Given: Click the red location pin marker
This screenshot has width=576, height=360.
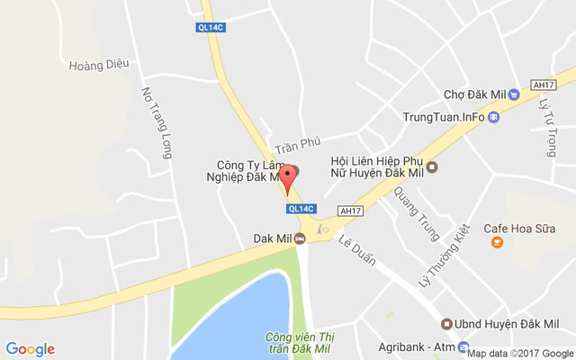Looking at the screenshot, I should (x=288, y=178).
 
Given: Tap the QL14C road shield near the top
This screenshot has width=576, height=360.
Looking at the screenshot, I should (x=210, y=27).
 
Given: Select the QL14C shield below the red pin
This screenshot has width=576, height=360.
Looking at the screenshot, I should (x=300, y=208).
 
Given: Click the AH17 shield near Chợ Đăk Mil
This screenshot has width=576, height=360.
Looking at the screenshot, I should (x=542, y=84).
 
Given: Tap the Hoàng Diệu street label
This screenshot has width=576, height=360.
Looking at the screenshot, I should (x=99, y=64).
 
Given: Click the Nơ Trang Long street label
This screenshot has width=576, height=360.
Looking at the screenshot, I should (x=157, y=122).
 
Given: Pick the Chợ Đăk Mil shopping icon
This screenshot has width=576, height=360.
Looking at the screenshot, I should (x=514, y=94).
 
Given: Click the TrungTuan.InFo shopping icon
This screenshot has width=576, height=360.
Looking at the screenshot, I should (x=493, y=117).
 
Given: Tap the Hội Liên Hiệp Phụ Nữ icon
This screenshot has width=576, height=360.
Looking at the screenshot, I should (x=432, y=166).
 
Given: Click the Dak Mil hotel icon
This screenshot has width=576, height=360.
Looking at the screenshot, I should (x=300, y=238).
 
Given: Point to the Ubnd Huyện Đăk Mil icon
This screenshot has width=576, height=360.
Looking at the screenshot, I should (x=445, y=324).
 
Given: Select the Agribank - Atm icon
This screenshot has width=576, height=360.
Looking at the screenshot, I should (x=463, y=346).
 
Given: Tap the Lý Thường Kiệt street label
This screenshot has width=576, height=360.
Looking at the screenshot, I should (x=445, y=256).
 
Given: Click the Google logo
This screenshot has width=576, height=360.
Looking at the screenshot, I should (x=31, y=349).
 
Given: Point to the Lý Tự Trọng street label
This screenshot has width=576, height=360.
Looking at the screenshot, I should (x=548, y=128).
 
